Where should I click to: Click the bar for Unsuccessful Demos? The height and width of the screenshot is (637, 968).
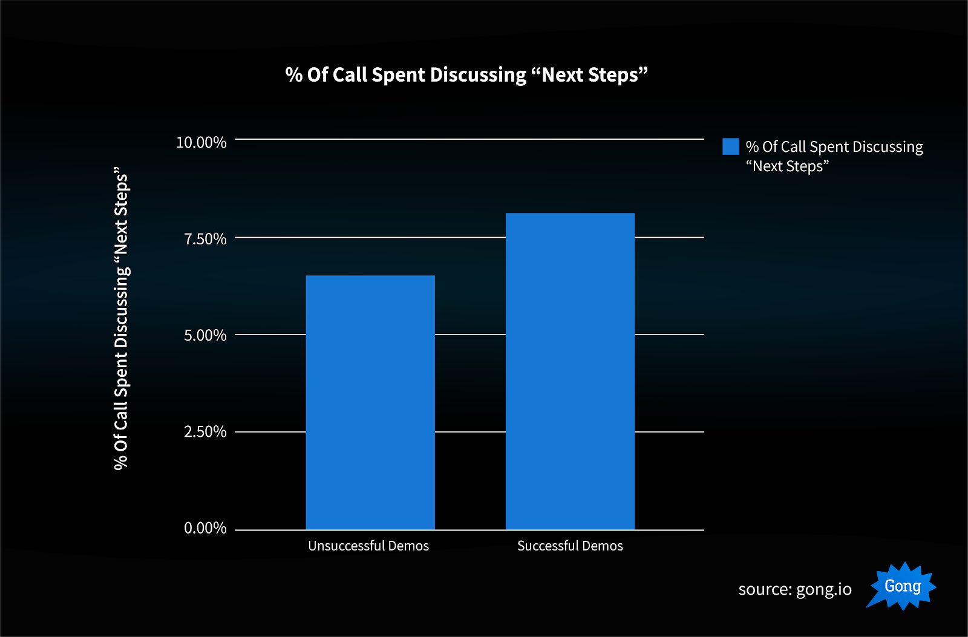click(370, 402)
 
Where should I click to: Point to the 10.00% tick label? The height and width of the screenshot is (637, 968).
click(201, 143)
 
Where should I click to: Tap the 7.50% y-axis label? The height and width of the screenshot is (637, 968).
click(205, 239)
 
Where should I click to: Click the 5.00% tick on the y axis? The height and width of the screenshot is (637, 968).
click(205, 336)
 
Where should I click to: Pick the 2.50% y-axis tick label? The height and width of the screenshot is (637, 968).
click(205, 432)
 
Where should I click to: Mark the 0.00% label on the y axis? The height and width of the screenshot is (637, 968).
click(205, 529)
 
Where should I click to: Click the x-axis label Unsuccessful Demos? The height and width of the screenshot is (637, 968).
click(368, 546)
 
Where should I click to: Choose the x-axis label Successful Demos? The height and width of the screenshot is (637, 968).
click(570, 546)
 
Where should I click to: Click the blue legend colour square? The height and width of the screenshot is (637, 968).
click(731, 146)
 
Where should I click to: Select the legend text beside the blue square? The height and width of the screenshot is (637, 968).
click(834, 156)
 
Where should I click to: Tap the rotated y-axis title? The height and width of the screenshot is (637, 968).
click(122, 318)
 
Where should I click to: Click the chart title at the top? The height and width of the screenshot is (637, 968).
click(466, 75)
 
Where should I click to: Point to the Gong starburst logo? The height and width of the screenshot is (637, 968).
click(902, 586)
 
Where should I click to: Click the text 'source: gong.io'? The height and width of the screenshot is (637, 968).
click(795, 589)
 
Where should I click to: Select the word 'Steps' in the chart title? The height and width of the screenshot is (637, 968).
click(613, 75)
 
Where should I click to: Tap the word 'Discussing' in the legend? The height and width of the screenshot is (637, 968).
click(888, 147)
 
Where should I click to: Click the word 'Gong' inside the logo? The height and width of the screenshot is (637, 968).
click(903, 586)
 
